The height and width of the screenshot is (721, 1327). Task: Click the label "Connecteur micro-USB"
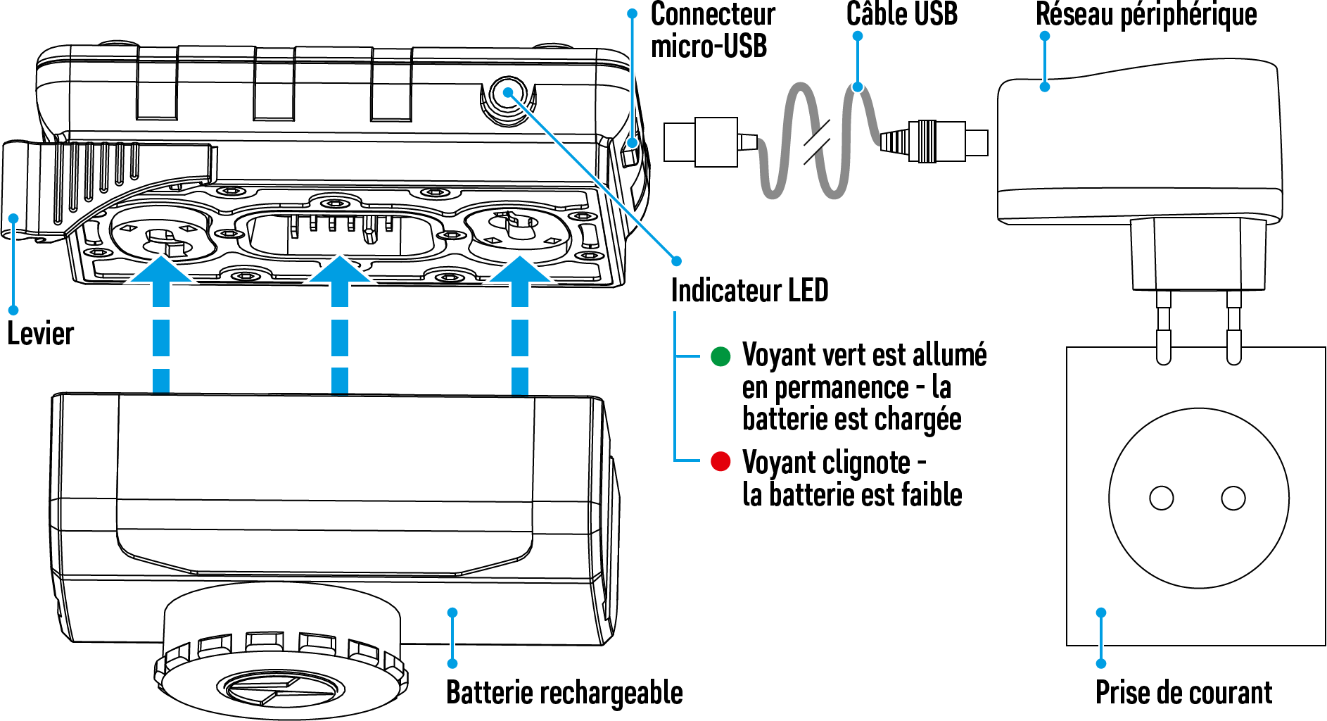coord(712,30)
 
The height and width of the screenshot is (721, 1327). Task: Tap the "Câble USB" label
coord(901,14)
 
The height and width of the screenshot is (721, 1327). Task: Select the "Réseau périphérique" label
coord(1145,14)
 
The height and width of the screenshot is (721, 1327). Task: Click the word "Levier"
coord(40,334)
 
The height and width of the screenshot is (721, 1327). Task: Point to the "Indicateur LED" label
coord(749,290)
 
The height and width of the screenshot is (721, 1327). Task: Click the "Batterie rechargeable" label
coord(564,693)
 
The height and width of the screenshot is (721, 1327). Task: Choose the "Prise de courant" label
coord(1183,693)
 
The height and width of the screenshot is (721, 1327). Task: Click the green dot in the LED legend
coord(720,356)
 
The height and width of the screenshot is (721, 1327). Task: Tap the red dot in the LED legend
coord(720,462)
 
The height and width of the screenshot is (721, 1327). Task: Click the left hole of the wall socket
coord(1161,498)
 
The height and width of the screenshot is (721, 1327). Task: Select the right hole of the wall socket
coord(1233,498)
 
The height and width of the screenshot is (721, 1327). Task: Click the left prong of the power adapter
coord(1164,327)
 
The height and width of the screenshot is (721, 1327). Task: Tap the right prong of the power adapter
coord(1233,327)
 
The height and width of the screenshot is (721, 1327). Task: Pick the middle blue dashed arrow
coord(340,324)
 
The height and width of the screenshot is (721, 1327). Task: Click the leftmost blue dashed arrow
coord(161,324)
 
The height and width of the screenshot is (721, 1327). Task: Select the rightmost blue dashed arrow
coord(520,324)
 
